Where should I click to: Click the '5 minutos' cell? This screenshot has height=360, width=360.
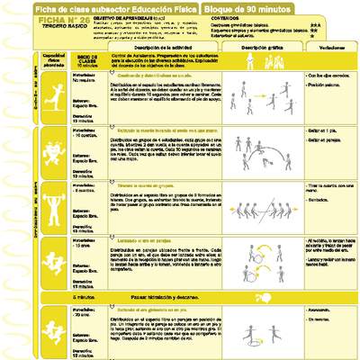[x=82, y=295]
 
